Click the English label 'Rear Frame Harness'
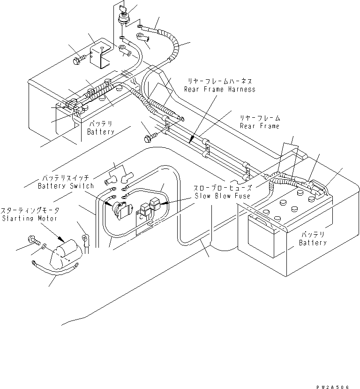pyautogui.click(x=219, y=89)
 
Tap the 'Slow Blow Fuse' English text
pyautogui.click(x=222, y=196)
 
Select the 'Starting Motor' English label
pyautogui.click(x=30, y=218)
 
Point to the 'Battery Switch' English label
pyautogui.click(x=66, y=186)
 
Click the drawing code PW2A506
pyautogui.click(x=332, y=387)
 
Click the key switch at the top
pyautogui.click(x=123, y=15)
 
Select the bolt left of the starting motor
pyautogui.click(x=34, y=240)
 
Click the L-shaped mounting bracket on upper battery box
pyautogui.click(x=100, y=55)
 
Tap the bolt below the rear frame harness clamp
pyautogui.click(x=150, y=137)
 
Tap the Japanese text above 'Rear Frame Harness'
pyautogui.click(x=220, y=81)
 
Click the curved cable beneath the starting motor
pyautogui.click(x=55, y=269)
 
